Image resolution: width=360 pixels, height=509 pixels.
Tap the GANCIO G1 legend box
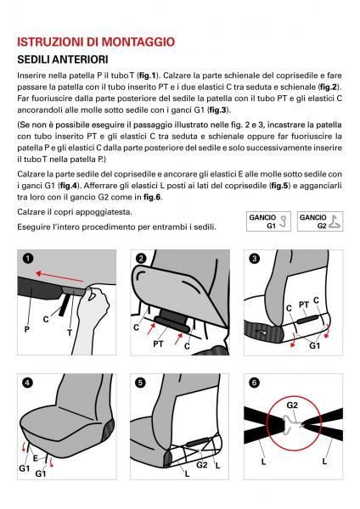(x=267, y=222)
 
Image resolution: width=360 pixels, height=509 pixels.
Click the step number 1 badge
(x=27, y=259)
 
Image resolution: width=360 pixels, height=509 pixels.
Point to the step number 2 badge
(x=141, y=259)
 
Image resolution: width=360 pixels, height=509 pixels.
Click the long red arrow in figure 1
(x=65, y=277)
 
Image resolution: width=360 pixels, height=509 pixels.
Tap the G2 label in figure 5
(x=202, y=465)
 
